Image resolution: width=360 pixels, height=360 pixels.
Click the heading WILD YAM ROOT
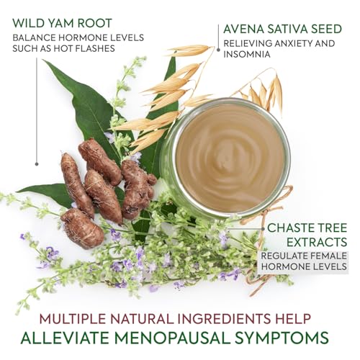(x=62, y=23)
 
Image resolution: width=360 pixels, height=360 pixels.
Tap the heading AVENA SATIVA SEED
(x=282, y=29)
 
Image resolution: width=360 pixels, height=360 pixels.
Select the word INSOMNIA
(x=247, y=54)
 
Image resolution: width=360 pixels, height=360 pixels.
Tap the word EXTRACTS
(x=317, y=242)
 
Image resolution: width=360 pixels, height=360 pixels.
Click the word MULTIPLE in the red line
(x=72, y=319)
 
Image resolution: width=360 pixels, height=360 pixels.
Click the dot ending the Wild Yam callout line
(x=37, y=164)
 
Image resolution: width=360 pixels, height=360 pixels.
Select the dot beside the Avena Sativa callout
(x=218, y=50)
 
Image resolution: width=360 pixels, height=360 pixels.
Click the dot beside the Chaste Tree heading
(x=264, y=229)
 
